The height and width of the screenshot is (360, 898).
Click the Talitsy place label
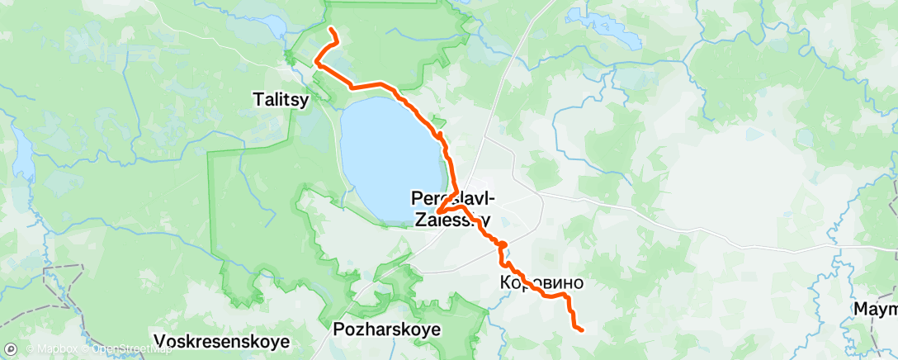[280, 100]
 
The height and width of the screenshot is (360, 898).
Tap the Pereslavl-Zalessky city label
[451, 209]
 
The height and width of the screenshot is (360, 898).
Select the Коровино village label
[541, 283]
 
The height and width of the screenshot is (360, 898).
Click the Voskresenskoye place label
[222, 340]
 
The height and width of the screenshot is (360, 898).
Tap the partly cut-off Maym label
[876, 310]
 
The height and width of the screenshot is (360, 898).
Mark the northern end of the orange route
[331, 30]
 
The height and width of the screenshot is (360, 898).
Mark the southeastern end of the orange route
[582, 330]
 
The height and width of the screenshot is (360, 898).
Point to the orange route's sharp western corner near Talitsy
[315, 59]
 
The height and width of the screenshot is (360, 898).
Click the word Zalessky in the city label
[451, 220]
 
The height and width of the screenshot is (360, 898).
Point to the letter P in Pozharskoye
[338, 329]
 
